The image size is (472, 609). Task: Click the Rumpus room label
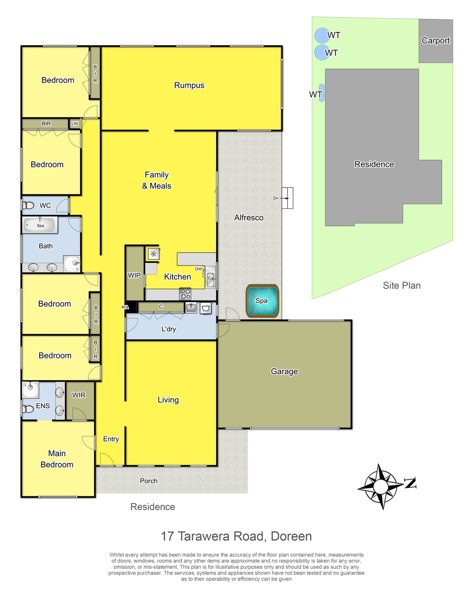[189, 85]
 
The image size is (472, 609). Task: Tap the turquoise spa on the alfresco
[262, 301]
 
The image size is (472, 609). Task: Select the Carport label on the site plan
[436, 41]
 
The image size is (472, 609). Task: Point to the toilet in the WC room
[28, 206]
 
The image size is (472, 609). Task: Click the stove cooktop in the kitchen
[185, 294]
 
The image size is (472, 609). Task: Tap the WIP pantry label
[134, 275]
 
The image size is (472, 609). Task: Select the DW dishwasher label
[198, 269]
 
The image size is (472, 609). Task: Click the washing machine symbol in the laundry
[206, 308]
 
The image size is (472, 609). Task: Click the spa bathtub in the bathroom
[41, 225]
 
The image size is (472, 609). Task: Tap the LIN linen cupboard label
[75, 124]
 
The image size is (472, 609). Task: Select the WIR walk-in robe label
[79, 395]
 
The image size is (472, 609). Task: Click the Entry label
[111, 439]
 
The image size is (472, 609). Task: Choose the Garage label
[284, 371]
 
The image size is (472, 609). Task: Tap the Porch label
[148, 481]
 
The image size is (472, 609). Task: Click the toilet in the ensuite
[28, 409]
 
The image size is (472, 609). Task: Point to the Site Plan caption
[401, 285]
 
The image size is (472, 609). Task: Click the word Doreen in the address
[291, 536]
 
